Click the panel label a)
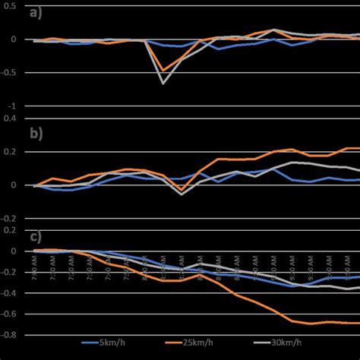click(x=34, y=13)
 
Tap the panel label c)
click(x=34, y=236)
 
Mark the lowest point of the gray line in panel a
click(x=163, y=84)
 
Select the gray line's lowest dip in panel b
click(x=181, y=194)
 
